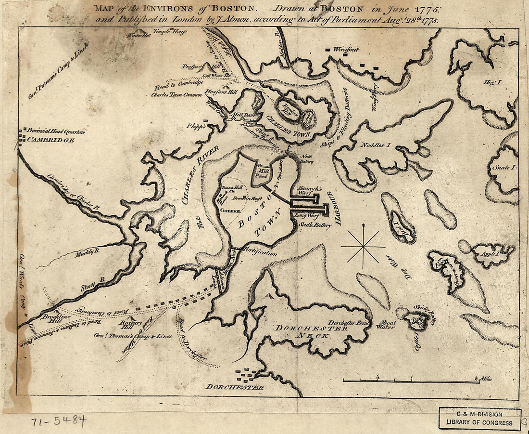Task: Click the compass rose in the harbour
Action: [x=363, y=247]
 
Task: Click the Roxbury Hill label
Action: [x=131, y=325]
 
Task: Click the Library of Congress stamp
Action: [x=479, y=419]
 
